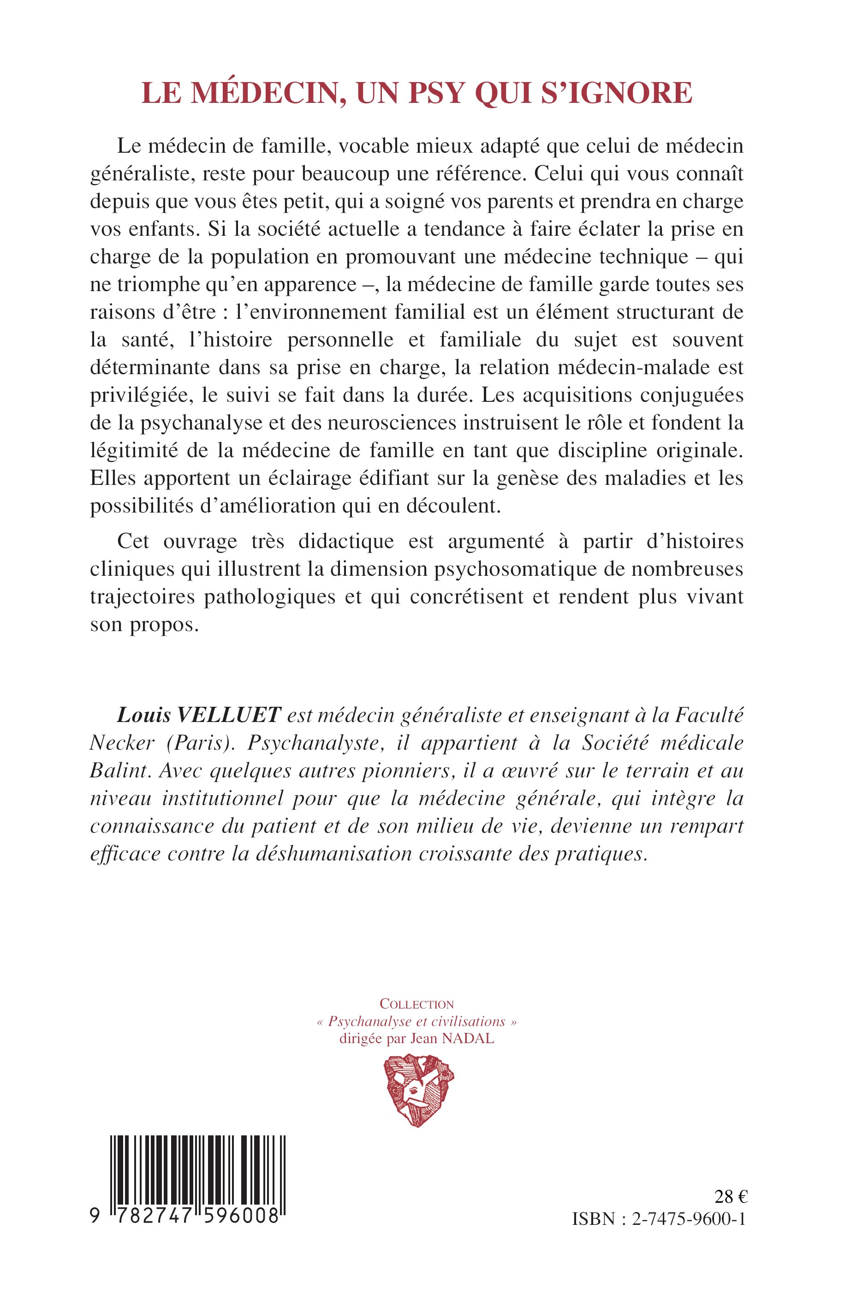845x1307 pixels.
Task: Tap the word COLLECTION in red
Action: (417, 1004)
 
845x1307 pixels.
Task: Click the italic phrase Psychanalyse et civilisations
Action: (417, 1022)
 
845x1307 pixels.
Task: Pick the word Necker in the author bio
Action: (122, 742)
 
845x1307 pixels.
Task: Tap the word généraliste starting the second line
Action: (140, 174)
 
